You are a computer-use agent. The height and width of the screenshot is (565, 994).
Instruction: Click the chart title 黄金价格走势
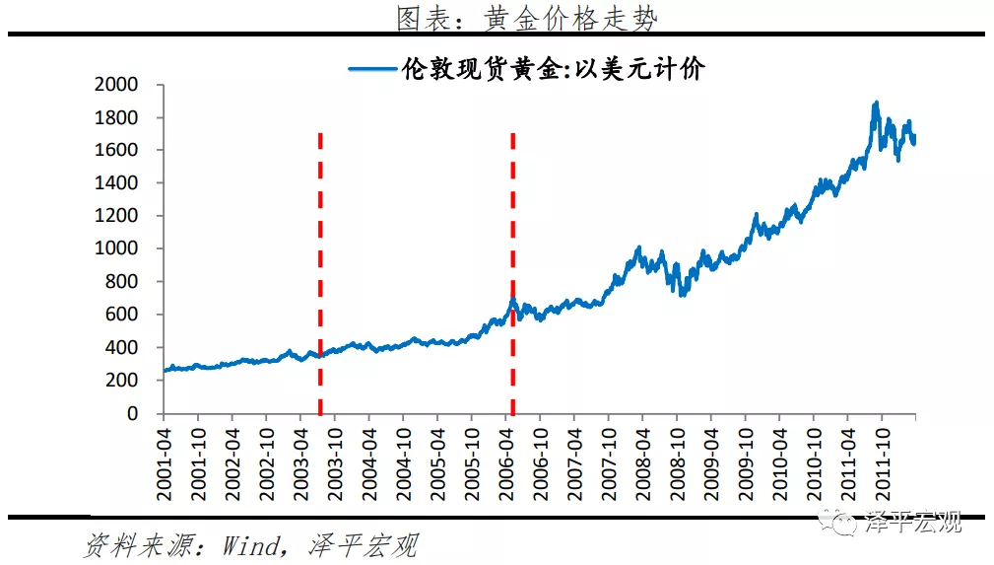(526, 17)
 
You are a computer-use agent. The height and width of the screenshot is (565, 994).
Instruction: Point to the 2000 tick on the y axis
(116, 85)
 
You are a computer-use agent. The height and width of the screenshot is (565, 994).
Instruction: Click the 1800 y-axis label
(116, 117)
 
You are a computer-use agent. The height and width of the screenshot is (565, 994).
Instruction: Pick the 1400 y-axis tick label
(116, 183)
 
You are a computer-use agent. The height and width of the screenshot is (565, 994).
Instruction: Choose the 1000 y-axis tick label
(116, 249)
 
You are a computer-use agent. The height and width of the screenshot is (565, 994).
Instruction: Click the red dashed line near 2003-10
(320, 276)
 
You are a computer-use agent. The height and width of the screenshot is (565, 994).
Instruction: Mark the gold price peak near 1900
(875, 103)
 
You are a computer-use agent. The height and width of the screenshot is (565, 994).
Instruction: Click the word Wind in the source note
(251, 545)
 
